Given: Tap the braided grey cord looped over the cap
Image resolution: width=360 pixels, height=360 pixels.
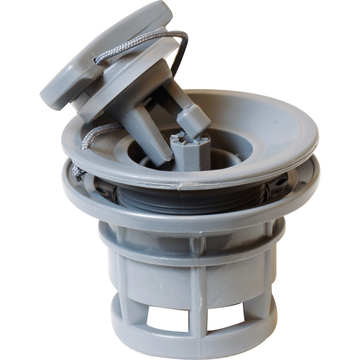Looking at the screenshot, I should [x=139, y=41].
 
